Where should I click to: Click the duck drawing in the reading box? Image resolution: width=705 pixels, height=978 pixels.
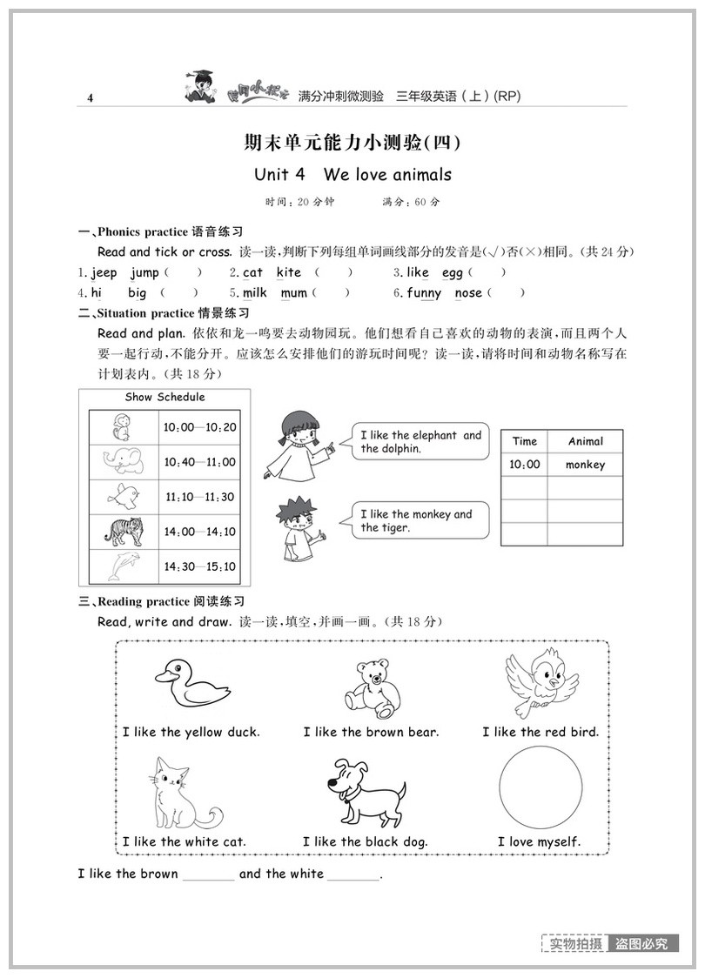tap(191, 683)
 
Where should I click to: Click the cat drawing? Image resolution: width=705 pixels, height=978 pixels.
tap(179, 794)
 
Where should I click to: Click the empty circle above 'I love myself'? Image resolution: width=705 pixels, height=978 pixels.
tap(540, 788)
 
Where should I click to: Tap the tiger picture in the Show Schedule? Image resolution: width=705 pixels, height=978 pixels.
tap(124, 530)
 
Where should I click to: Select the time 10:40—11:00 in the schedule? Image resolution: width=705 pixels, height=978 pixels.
tap(200, 462)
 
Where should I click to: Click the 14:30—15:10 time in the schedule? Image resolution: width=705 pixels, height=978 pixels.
tap(200, 566)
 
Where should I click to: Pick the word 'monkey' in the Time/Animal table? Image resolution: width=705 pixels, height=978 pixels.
tap(585, 465)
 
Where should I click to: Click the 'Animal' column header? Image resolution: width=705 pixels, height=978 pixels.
tap(585, 441)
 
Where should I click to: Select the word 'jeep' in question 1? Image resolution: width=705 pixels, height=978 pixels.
tap(104, 272)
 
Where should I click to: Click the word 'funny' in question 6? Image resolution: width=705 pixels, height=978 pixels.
tap(424, 293)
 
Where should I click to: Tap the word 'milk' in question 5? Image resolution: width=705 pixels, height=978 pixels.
tap(255, 293)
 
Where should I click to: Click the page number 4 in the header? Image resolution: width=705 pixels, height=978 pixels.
tap(90, 98)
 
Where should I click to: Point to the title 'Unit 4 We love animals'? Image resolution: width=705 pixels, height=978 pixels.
tap(352, 174)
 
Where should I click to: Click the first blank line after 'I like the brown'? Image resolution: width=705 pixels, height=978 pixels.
tap(208, 875)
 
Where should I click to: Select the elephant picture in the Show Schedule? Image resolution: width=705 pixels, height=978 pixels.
tap(123, 460)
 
